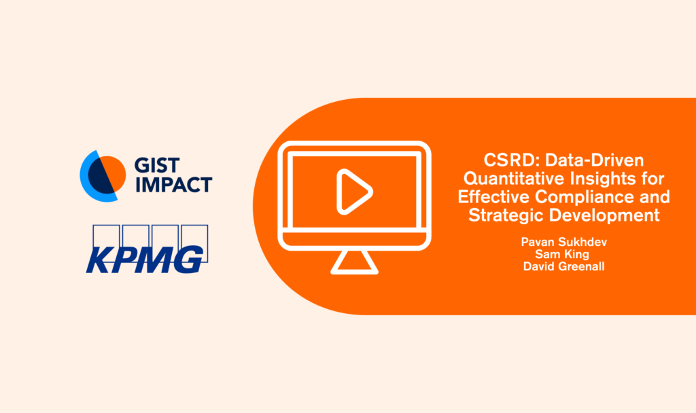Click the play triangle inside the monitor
pos(353,192)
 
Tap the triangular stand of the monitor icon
pos(354,262)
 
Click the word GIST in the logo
pos(157,166)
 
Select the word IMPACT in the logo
pos(173,185)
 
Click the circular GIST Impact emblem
pos(103,176)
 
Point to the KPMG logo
pos(147,249)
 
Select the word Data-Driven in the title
pos(594,160)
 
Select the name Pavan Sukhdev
pos(563,242)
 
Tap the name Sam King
pos(562,254)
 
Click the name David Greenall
pos(563,266)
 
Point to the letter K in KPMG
pos(100,259)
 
